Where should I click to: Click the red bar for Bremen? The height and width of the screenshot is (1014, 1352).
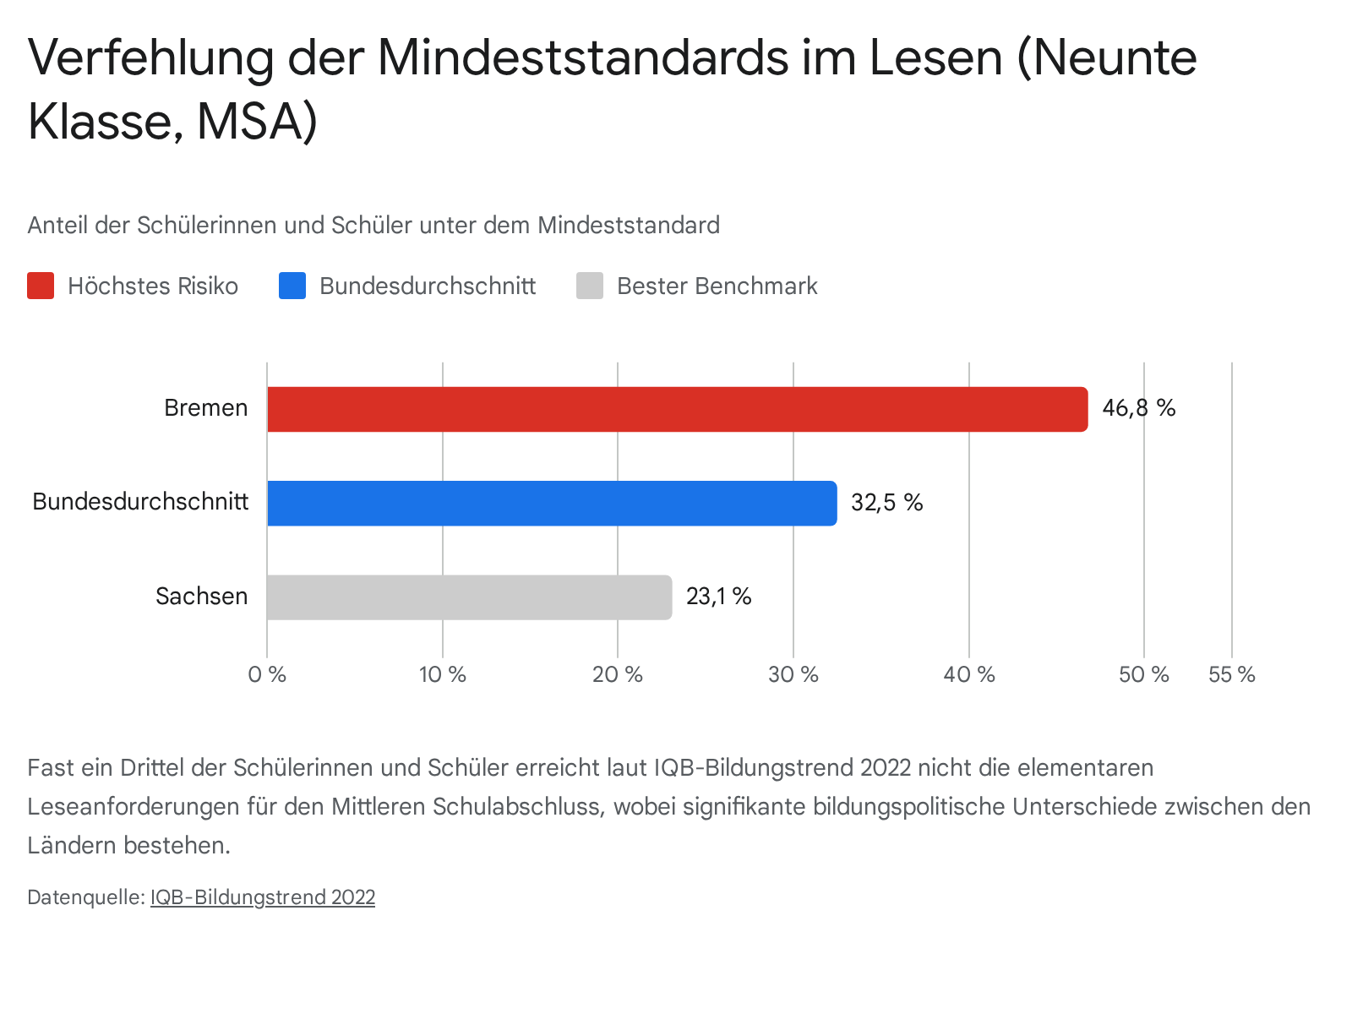pyautogui.click(x=677, y=410)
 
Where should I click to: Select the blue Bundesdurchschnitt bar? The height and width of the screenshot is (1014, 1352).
pyautogui.click(x=552, y=504)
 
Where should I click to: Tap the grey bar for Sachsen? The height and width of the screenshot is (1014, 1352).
pyautogui.click(x=469, y=597)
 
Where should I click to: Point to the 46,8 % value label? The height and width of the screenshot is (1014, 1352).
pyautogui.click(x=1138, y=409)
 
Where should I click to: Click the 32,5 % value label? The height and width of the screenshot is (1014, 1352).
pyautogui.click(x=886, y=503)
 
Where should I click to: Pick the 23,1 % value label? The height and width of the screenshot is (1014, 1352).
pyautogui.click(x=718, y=597)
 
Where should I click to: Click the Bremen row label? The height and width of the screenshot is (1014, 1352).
pyautogui.click(x=206, y=408)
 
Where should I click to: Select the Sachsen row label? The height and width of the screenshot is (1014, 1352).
pyautogui.click(x=201, y=597)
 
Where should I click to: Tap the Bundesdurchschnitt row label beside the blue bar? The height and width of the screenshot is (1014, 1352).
pyautogui.click(x=140, y=502)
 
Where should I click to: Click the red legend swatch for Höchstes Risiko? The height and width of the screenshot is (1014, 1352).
pyautogui.click(x=41, y=286)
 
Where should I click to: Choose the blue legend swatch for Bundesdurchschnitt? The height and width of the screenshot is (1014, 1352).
pyautogui.click(x=292, y=286)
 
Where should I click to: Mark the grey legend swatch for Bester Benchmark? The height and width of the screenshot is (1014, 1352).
pyautogui.click(x=590, y=286)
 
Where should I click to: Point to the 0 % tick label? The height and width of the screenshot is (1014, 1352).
pyautogui.click(x=267, y=674)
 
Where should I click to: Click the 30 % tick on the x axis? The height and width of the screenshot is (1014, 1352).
pyautogui.click(x=793, y=674)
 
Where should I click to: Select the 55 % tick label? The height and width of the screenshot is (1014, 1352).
pyautogui.click(x=1232, y=674)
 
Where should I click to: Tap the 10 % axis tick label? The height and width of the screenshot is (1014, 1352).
pyautogui.click(x=443, y=674)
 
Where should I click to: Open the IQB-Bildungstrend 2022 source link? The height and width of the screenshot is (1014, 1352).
pyautogui.click(x=263, y=897)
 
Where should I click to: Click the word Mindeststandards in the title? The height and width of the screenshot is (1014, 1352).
pyautogui.click(x=582, y=57)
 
